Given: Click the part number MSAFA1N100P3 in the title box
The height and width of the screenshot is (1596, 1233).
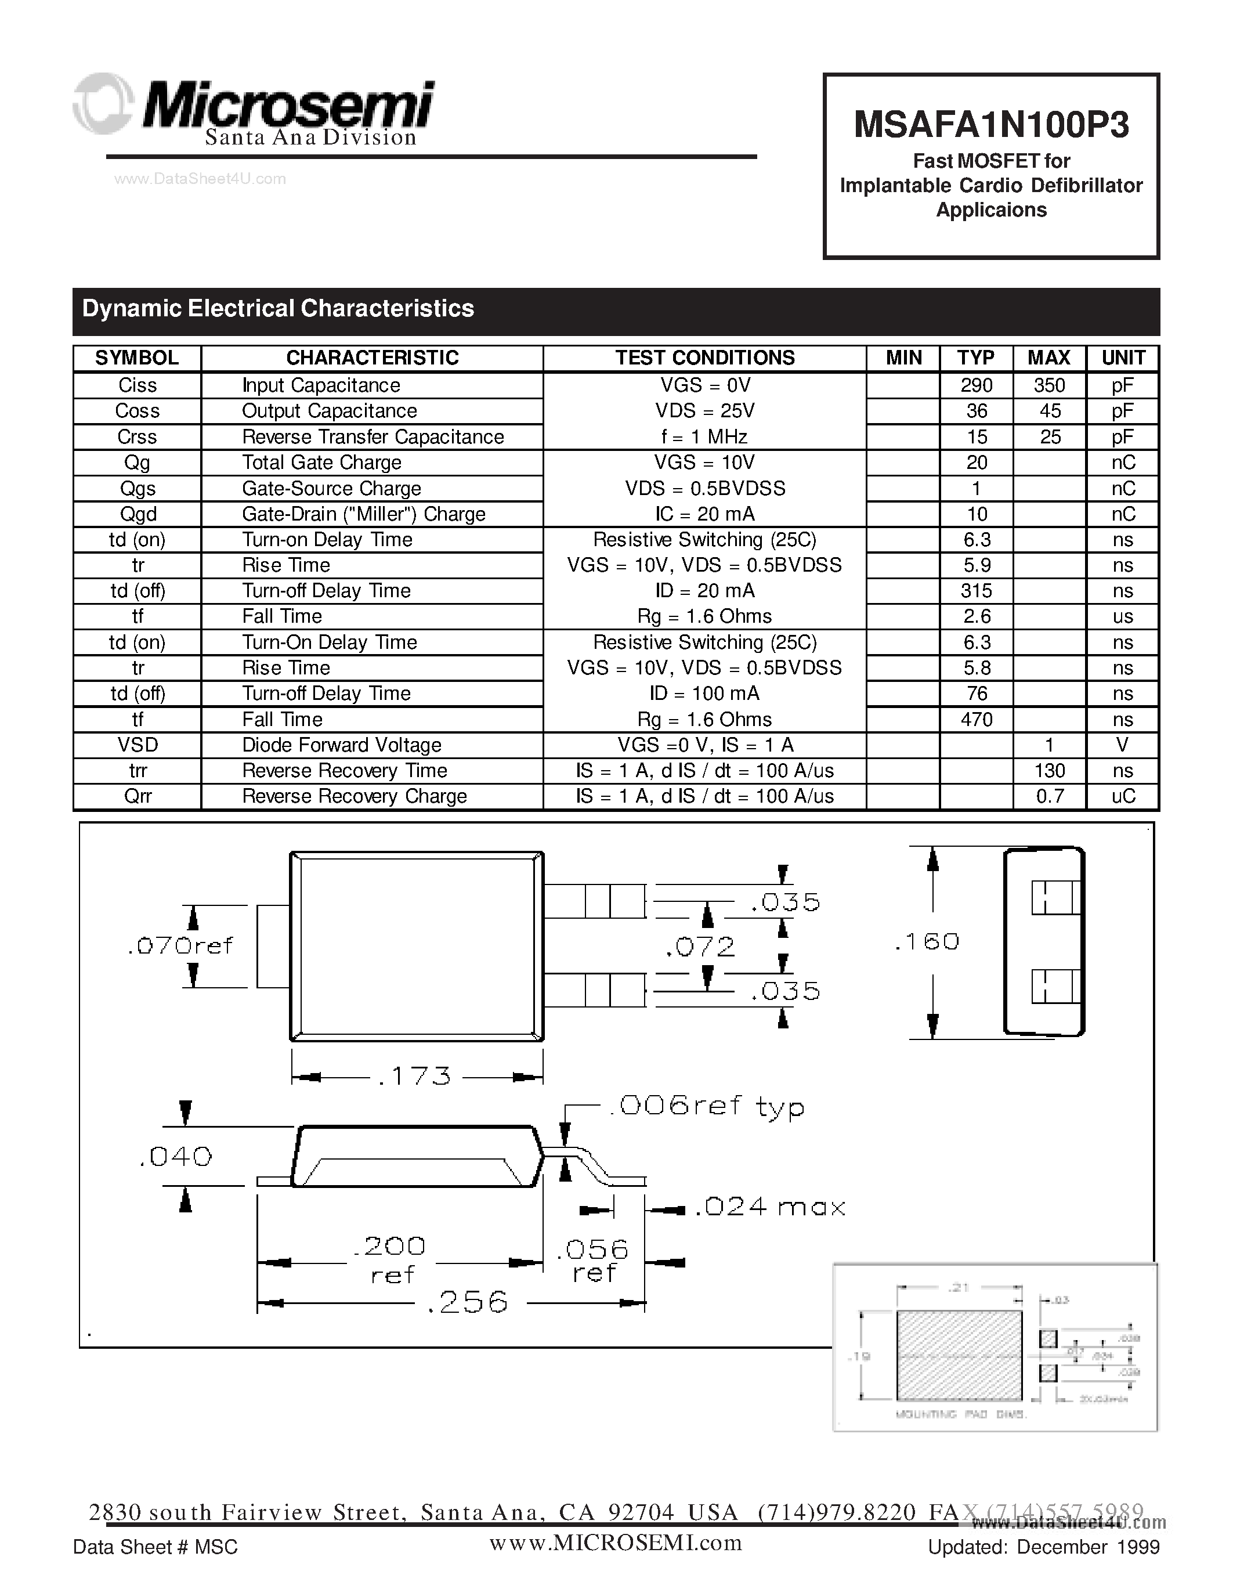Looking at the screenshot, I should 991,125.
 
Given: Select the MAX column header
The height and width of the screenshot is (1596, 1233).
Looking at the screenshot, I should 1049,358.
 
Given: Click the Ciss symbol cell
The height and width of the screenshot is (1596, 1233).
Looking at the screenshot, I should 138,385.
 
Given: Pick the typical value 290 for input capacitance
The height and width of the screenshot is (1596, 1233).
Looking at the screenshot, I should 977,385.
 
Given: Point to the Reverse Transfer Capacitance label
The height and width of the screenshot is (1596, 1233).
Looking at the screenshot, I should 373,437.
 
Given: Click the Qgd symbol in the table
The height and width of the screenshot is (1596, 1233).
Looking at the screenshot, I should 138,514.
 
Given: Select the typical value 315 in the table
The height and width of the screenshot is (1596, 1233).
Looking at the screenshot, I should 977,590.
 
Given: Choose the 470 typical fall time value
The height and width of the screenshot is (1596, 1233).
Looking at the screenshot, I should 977,720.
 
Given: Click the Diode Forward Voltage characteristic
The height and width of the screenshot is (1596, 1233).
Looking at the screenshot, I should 342,745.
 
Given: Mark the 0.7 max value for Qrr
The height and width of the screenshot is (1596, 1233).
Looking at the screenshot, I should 1050,796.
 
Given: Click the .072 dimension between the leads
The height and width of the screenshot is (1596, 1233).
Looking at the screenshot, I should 700,948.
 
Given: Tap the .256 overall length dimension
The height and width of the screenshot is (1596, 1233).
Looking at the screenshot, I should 468,1302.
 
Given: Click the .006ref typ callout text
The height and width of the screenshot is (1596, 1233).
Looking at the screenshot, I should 706,1106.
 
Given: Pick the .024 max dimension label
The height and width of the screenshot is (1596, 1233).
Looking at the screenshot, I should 770,1207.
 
